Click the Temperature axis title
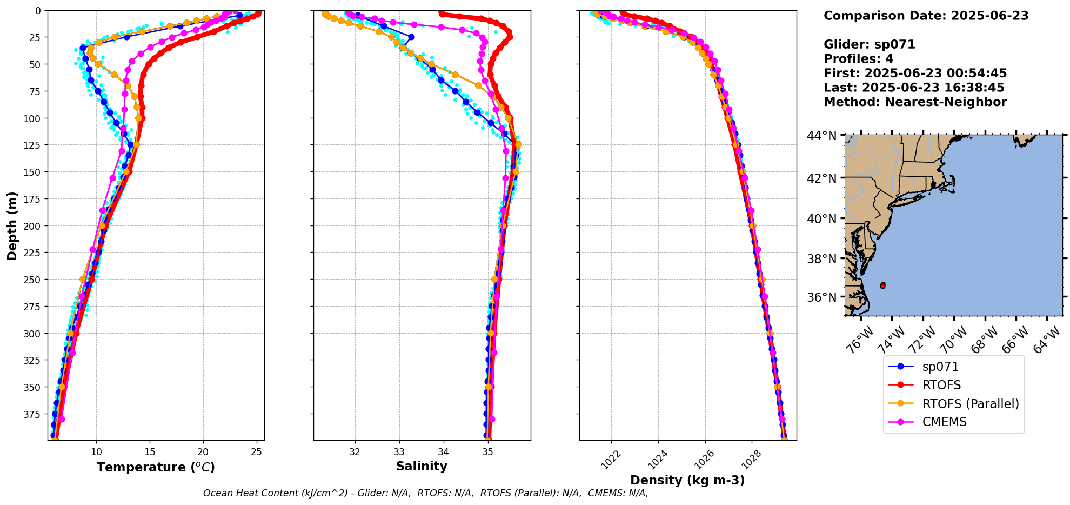[x=156, y=467]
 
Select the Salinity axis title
[x=422, y=466]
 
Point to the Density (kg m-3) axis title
[x=687, y=480]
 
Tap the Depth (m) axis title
[x=12, y=225]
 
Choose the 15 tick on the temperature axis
[x=150, y=451]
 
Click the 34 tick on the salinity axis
[x=443, y=451]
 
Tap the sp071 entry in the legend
[x=940, y=367]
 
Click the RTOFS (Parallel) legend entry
[x=971, y=404]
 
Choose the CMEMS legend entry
[x=944, y=422]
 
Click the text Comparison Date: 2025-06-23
[x=926, y=16]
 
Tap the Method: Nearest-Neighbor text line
[x=915, y=102]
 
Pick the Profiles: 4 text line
[x=858, y=59]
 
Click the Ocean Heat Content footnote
[x=425, y=493]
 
